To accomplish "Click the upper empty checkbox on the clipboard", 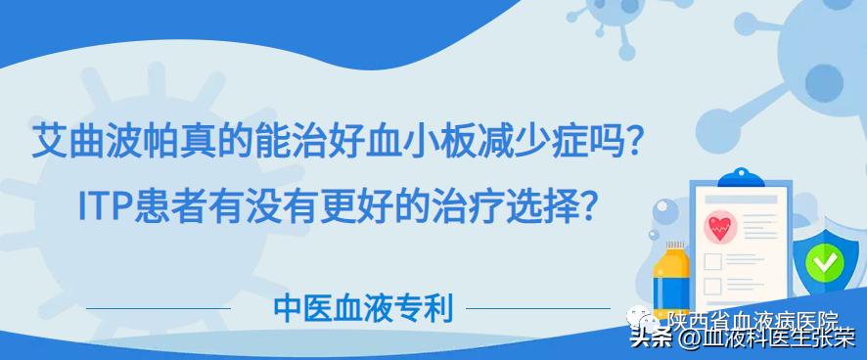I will click(713, 262).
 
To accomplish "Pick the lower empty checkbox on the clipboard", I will click(713, 286).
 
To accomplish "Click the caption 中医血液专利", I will click(363, 309).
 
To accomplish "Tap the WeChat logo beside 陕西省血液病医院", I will click(649, 318).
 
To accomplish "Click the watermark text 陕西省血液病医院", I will click(753, 319).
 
